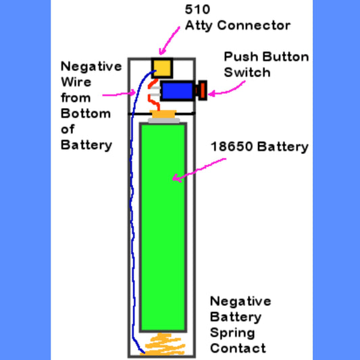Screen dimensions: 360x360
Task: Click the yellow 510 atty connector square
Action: pyautogui.click(x=161, y=68)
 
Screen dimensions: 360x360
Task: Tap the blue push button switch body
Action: pyautogui.click(x=177, y=91)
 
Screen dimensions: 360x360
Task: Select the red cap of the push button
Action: pyautogui.click(x=201, y=90)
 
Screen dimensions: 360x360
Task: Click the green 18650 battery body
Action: pyautogui.click(x=163, y=223)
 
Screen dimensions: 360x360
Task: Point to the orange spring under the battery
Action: pyautogui.click(x=163, y=344)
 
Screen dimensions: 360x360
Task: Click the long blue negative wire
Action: pyautogui.click(x=134, y=223)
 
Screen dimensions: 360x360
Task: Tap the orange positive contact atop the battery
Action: pyautogui.click(x=163, y=115)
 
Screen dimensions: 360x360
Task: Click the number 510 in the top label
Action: pyautogui.click(x=197, y=10)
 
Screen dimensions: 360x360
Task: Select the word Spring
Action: pyautogui.click(x=232, y=332)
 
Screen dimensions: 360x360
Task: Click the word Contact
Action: pyautogui.click(x=238, y=348)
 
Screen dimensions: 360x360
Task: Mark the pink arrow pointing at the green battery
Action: pyautogui.click(x=199, y=169)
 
